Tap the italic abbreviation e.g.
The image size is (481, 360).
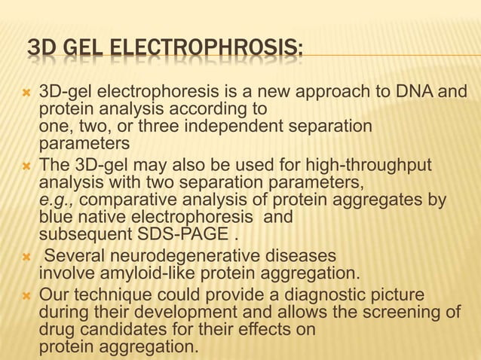click(57, 200)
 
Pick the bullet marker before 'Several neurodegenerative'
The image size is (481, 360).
click(25, 256)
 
